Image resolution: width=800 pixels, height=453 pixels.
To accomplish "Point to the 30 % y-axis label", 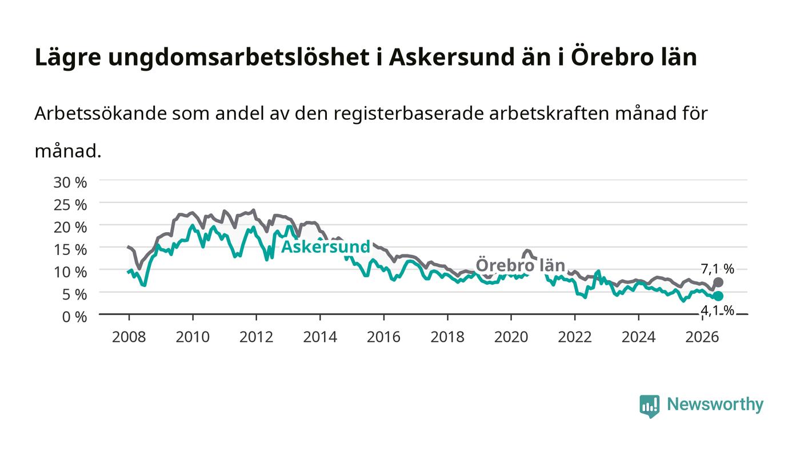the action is pyautogui.click(x=70, y=182).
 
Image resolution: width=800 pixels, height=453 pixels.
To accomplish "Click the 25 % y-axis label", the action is pyautogui.click(x=70, y=205).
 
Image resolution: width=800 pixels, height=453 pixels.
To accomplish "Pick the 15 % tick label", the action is pyautogui.click(x=70, y=250).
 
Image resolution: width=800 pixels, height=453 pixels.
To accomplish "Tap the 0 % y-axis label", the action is pyautogui.click(x=75, y=317).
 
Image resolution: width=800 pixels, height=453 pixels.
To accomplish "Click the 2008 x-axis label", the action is pyautogui.click(x=129, y=337).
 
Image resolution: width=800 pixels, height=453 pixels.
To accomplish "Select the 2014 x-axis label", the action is pyautogui.click(x=320, y=337).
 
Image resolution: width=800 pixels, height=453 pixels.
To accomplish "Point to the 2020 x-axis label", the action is pyautogui.click(x=511, y=337).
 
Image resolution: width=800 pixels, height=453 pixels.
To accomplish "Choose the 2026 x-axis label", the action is pyautogui.click(x=702, y=337).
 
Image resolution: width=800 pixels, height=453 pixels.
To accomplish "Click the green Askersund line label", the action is pyautogui.click(x=326, y=246).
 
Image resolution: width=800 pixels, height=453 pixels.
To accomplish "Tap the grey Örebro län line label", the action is pyautogui.click(x=521, y=265).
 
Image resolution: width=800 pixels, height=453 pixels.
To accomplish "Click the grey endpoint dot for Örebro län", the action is pyautogui.click(x=718, y=282).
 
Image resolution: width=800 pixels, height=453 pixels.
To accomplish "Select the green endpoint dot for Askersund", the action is pyautogui.click(x=718, y=296).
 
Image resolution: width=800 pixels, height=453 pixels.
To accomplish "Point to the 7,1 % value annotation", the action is pyautogui.click(x=718, y=269).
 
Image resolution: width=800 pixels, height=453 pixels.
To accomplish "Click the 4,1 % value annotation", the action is pyautogui.click(x=718, y=311).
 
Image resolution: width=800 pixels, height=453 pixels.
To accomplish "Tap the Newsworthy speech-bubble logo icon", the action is pyautogui.click(x=650, y=406).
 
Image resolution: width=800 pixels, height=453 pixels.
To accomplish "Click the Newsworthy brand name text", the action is pyautogui.click(x=715, y=405).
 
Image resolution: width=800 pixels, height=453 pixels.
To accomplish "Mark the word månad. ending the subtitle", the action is pyautogui.click(x=68, y=151).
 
